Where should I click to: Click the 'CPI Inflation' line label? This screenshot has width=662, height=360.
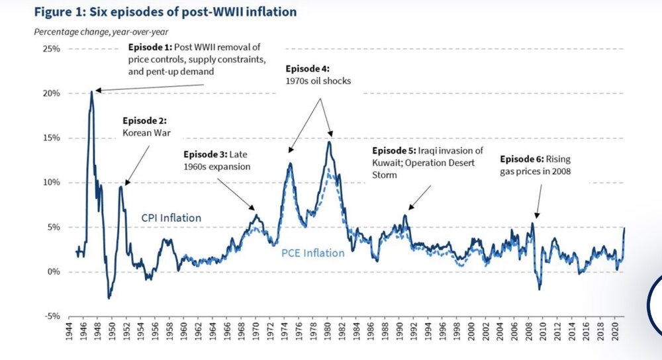tap(171, 218)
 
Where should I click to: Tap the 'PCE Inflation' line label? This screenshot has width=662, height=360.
tap(314, 253)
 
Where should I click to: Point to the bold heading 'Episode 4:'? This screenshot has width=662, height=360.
tap(308, 69)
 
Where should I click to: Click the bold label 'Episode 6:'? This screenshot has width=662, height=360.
tap(521, 159)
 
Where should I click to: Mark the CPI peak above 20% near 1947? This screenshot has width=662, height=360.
tap(91, 92)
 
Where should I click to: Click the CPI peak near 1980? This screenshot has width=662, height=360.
tap(328, 142)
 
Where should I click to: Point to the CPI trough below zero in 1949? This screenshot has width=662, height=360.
tap(109, 297)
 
